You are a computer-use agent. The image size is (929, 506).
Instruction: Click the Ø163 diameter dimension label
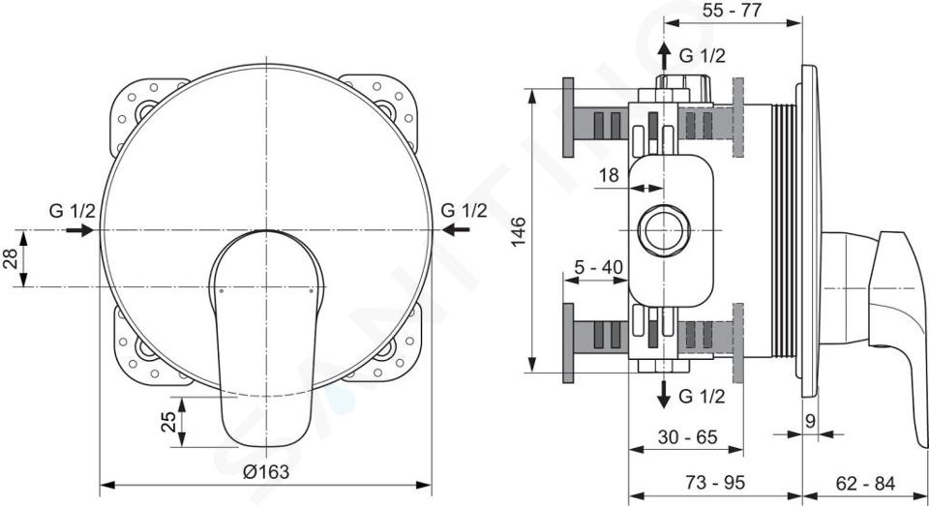pos(266,471)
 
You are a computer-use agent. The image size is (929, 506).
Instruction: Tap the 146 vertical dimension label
pos(518,231)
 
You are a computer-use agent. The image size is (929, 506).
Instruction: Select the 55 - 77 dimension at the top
pos(732,10)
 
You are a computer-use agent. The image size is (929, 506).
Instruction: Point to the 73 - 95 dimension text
pos(715,483)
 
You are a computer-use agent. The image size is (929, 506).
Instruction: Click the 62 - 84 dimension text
pos(865,483)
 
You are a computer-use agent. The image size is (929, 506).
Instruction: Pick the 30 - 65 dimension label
pos(687,437)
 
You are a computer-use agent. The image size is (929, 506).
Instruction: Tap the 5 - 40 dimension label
pos(598,268)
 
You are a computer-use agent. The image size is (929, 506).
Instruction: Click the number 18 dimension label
pos(609,175)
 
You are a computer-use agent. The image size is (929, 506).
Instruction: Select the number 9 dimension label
pos(811,421)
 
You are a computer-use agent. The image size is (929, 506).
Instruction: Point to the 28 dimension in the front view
pos(10,258)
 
